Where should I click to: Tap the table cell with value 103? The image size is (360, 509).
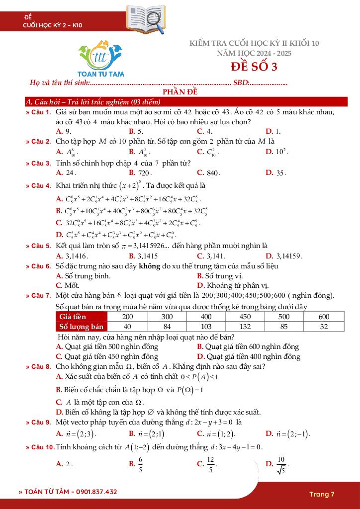click(206, 327)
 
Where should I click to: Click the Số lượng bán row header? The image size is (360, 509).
click(82, 327)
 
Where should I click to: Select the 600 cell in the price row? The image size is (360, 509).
click(324, 317)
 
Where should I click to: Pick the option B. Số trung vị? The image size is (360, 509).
click(219, 276)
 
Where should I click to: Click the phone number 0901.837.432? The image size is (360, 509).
click(94, 492)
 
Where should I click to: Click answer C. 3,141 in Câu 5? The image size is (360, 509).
click(211, 256)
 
